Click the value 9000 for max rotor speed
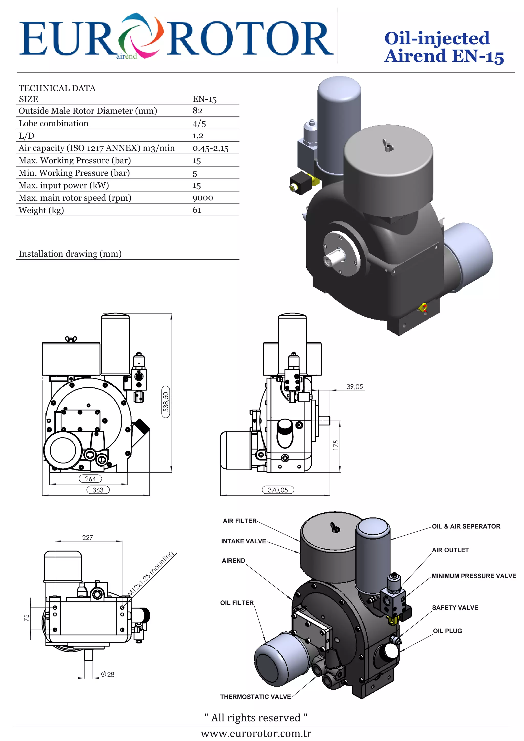(x=203, y=198)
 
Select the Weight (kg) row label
(x=41, y=210)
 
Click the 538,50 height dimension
(x=166, y=402)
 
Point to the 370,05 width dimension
(x=278, y=490)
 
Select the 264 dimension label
(x=90, y=479)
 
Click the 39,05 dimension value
(x=355, y=387)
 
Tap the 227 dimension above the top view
(x=88, y=537)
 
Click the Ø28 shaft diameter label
(x=107, y=674)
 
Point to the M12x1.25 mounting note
(x=150, y=574)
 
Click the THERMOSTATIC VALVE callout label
(x=255, y=697)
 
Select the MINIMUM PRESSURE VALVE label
(x=474, y=576)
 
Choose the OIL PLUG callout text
(x=447, y=631)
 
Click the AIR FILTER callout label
(x=239, y=521)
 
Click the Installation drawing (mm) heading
(x=70, y=254)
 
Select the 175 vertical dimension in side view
(x=336, y=445)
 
